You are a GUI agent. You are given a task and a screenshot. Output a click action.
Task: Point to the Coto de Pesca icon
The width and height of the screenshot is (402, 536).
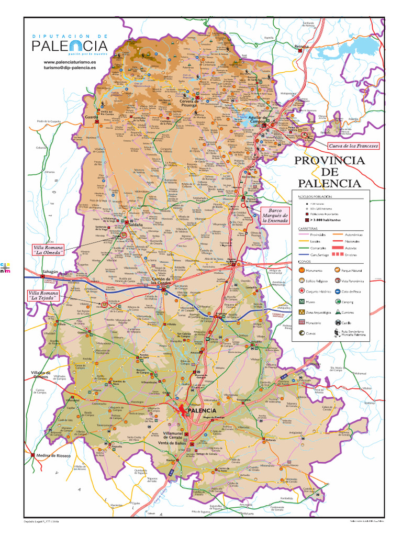coord(337,291)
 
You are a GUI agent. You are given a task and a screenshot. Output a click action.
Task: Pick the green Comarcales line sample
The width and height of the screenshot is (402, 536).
coord(304,247)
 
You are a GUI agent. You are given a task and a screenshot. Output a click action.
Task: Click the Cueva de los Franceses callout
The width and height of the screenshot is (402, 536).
coord(352,146)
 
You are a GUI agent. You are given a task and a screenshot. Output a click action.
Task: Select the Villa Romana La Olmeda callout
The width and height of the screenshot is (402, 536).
coord(48,250)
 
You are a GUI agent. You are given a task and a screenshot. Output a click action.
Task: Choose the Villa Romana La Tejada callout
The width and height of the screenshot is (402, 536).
coord(42,295)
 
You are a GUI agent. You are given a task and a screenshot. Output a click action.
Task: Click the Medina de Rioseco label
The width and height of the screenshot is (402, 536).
coord(53,455)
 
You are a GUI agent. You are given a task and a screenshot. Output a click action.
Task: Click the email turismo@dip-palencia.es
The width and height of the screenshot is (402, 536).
coord(70,68)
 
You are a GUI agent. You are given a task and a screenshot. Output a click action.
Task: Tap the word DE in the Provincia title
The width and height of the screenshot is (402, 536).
coord(329,172)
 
